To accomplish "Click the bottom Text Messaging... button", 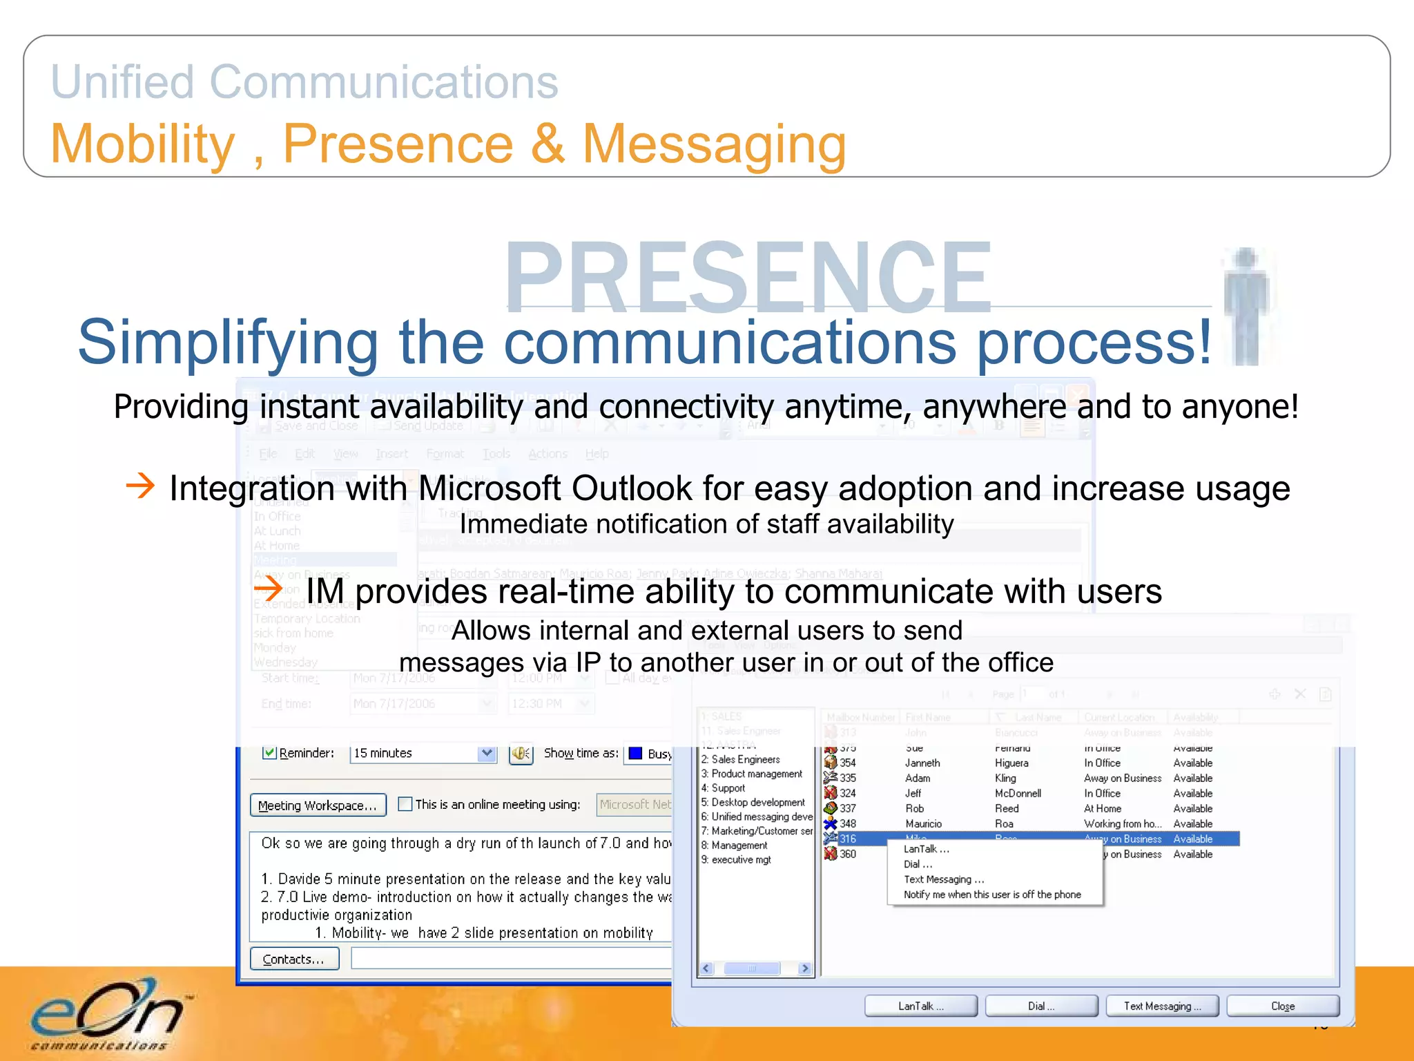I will click(x=1161, y=1006).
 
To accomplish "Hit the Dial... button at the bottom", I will click(x=1040, y=1006).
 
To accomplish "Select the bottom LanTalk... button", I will click(x=920, y=1006).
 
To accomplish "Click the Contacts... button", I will click(x=294, y=959).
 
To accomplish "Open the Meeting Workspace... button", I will click(x=318, y=805).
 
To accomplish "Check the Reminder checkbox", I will click(x=269, y=752).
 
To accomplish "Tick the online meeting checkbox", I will click(x=405, y=804).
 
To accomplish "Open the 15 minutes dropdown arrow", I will click(x=487, y=753).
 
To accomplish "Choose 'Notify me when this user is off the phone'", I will click(x=991, y=895).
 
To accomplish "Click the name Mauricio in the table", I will click(x=923, y=823).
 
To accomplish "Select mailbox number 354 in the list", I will click(x=847, y=763).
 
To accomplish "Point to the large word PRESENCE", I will click(x=748, y=276).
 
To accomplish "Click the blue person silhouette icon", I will click(x=1246, y=304).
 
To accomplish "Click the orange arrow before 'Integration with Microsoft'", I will click(x=140, y=486).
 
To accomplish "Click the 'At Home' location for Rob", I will click(x=1102, y=808).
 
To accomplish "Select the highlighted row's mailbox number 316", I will click(x=847, y=839).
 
